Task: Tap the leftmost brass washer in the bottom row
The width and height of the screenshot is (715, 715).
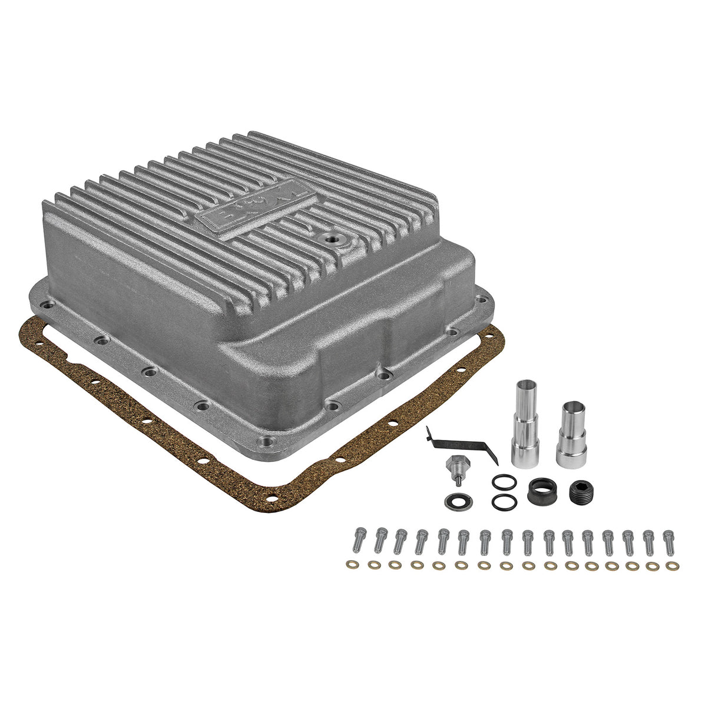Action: (352, 564)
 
